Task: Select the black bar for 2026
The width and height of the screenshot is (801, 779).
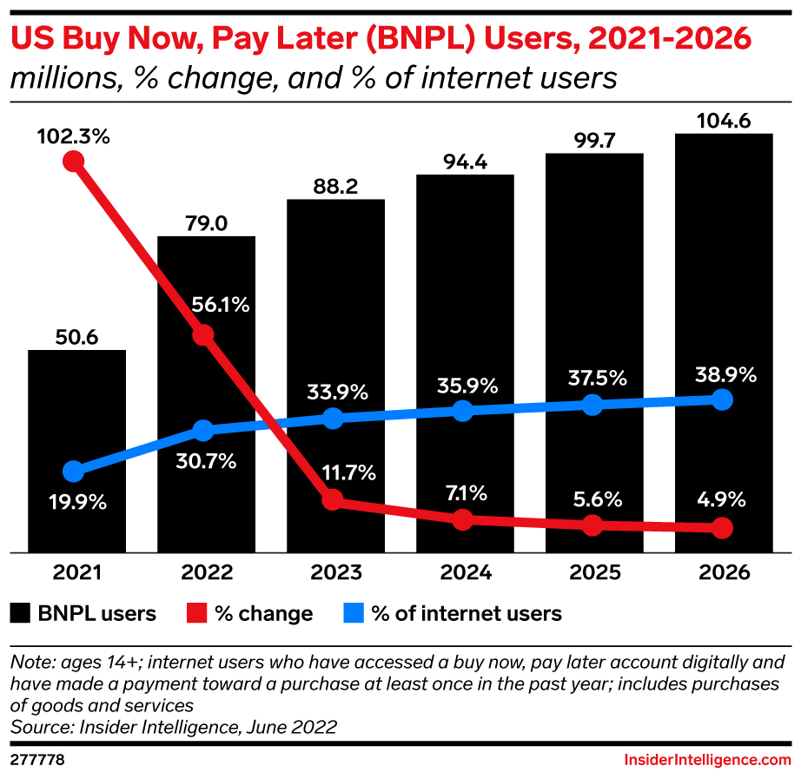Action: pyautogui.click(x=723, y=261)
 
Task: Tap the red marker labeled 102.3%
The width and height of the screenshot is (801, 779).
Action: pyautogui.click(x=74, y=162)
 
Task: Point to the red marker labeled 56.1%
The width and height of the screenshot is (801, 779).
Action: pyautogui.click(x=203, y=335)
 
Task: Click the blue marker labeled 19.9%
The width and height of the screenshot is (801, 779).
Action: pyautogui.click(x=74, y=472)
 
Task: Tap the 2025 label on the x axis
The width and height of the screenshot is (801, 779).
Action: pyautogui.click(x=593, y=574)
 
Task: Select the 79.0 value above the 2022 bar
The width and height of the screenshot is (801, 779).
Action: pyautogui.click(x=206, y=224)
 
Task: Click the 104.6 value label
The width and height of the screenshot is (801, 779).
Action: pyautogui.click(x=724, y=121)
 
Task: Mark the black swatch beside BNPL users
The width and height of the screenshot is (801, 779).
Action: pyautogui.click(x=20, y=614)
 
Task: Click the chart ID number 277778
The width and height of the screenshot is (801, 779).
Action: pyautogui.click(x=36, y=760)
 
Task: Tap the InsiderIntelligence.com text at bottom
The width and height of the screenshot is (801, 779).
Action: pyautogui.click(x=708, y=760)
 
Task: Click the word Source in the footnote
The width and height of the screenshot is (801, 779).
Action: pyautogui.click(x=39, y=724)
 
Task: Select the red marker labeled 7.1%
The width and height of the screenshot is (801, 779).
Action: pyautogui.click(x=463, y=519)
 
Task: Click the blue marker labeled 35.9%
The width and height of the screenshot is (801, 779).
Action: pyautogui.click(x=463, y=411)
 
